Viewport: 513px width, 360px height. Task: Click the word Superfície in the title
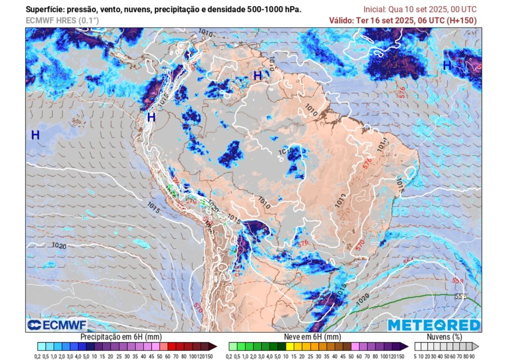click(45, 9)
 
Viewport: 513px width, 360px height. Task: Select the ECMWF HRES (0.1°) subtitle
click(63, 20)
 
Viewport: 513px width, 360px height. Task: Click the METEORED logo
click(434, 325)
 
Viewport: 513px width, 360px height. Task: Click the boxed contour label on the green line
click(460, 296)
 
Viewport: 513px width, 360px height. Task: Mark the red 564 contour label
click(409, 260)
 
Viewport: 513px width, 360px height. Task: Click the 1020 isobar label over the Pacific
click(59, 246)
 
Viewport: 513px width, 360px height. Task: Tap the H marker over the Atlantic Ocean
click(447, 65)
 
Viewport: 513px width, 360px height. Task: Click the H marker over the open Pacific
click(36, 135)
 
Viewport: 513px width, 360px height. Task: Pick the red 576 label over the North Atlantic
click(401, 91)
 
